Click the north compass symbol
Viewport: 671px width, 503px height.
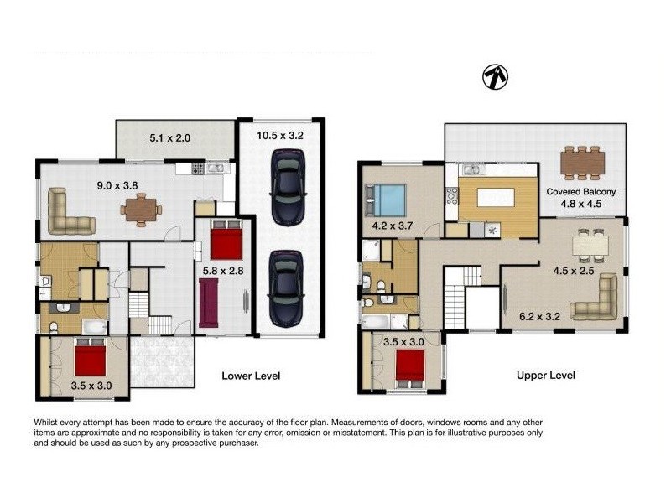pos(496,77)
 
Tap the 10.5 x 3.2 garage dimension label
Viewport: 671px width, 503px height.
pos(279,134)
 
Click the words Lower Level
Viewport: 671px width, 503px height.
pos(250,376)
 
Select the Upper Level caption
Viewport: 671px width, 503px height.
pos(546,376)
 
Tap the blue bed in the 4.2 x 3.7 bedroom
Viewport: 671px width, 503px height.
pos(388,201)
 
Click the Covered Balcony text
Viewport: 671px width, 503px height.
pos(581,191)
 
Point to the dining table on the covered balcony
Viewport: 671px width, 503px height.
pos(582,162)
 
